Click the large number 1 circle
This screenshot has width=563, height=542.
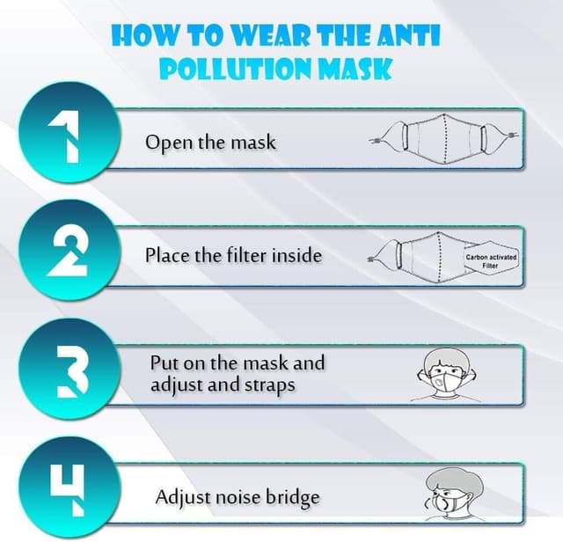69,133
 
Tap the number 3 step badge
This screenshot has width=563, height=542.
69,369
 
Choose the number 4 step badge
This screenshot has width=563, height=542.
69,487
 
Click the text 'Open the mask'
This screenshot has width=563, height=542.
210,143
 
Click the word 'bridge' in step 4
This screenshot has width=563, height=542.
292,498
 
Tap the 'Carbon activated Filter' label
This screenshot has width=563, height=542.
491,261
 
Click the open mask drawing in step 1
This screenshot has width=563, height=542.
443,138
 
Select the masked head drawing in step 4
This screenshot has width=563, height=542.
454,494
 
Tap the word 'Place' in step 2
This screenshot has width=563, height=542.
167,255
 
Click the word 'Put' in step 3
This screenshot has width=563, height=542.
164,363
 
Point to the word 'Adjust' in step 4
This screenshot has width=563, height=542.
184,498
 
